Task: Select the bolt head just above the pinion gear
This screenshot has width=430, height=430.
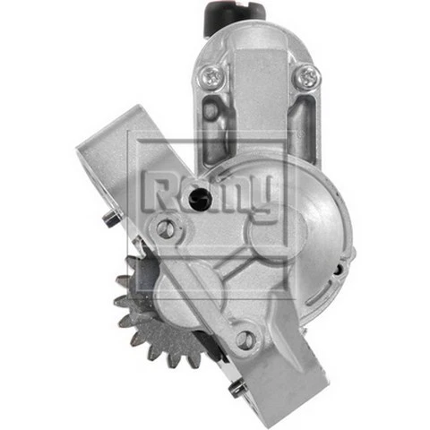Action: [165, 228]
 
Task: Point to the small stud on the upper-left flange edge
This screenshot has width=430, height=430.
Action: [109, 218]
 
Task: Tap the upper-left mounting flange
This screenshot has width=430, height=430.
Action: [116, 157]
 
